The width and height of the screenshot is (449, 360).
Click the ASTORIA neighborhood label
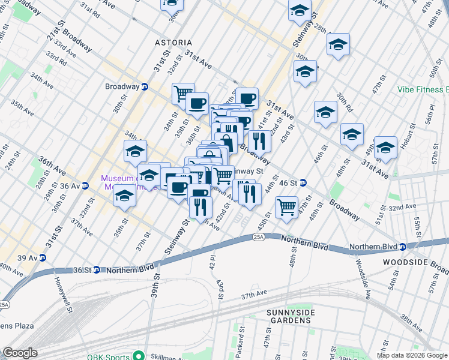pos(173,43)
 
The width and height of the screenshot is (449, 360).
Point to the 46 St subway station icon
pos(304,182)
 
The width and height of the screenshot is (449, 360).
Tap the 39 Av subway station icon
pos(41,258)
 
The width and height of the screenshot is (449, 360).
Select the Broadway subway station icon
pos(145,86)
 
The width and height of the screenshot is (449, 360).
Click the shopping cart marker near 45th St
pos(287,207)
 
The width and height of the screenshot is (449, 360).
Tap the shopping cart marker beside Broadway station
pos(182,93)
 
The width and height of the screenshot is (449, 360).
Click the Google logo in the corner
pos(20,353)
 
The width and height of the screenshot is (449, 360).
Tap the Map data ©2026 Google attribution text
pos(412,355)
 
